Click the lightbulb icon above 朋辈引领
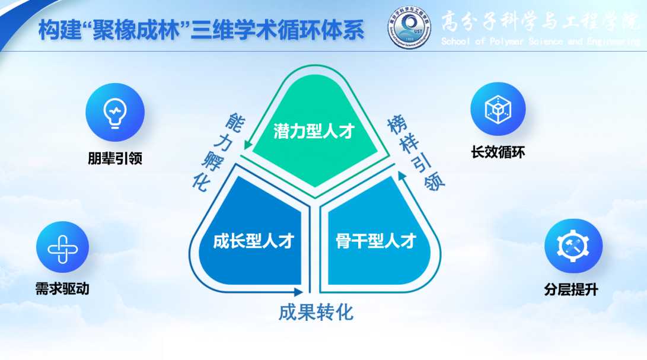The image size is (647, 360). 115,112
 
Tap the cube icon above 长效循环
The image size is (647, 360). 498,109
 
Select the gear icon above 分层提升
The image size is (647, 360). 573,246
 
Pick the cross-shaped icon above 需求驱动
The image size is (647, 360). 63,247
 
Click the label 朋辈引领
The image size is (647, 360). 115,158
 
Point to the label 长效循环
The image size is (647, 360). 498,152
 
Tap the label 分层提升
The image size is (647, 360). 571,289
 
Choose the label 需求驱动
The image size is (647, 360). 62,289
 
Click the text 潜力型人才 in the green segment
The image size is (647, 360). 314,131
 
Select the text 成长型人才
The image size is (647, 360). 253,241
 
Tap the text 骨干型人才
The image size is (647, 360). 376,241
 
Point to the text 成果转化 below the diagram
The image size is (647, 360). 316,313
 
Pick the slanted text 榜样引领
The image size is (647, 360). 416,154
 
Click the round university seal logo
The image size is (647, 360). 409,28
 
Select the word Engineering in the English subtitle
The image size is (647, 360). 614,42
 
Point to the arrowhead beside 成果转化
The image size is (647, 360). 299,292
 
